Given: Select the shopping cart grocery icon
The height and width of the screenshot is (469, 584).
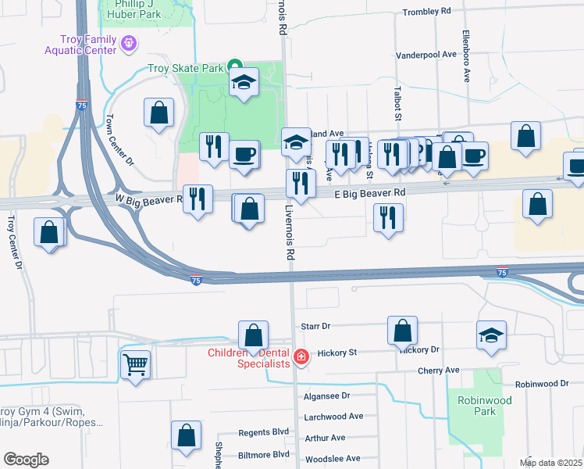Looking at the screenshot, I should pos(136,364).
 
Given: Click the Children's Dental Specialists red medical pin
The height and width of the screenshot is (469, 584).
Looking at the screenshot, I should pos(301,357).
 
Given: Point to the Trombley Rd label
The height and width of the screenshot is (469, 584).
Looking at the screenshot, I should pos(426,12).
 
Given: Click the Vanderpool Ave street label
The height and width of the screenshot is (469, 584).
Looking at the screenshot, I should pos(426,55).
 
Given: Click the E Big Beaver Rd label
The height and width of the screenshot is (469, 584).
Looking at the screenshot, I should pos(371,192).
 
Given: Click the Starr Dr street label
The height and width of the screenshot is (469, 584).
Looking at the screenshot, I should pos(315,325).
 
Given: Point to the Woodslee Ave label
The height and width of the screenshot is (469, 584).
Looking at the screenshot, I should pos(332,459).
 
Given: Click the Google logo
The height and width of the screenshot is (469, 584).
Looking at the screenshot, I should pos(26,460).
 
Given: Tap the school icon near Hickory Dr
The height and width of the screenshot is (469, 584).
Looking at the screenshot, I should pos(490,335).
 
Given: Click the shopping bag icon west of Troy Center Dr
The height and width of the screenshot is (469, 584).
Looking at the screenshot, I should pos(48,232).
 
